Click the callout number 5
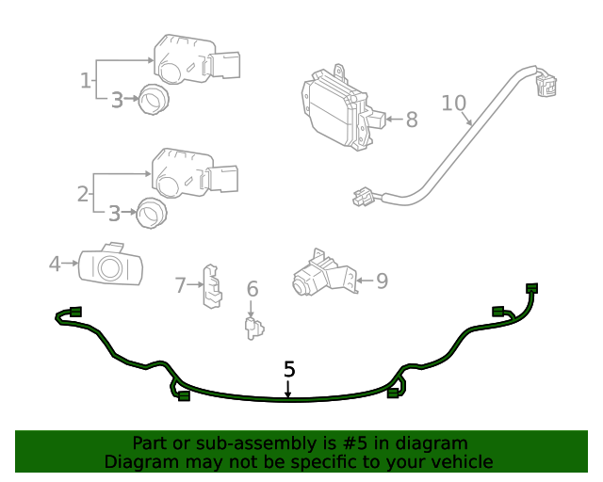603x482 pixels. tap(289, 370)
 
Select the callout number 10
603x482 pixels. tap(453, 103)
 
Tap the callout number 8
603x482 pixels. tap(411, 120)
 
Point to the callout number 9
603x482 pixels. tap(382, 281)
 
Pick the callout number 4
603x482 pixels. tap(55, 264)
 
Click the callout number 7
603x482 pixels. tap(181, 283)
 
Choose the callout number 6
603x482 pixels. tap(252, 290)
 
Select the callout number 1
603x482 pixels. tap(86, 80)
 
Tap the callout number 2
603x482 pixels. tap(83, 194)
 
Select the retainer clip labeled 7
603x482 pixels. tap(213, 285)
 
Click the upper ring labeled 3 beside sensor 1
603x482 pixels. tap(151, 98)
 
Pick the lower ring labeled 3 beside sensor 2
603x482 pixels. tap(149, 214)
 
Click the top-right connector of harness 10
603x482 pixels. tap(545, 86)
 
